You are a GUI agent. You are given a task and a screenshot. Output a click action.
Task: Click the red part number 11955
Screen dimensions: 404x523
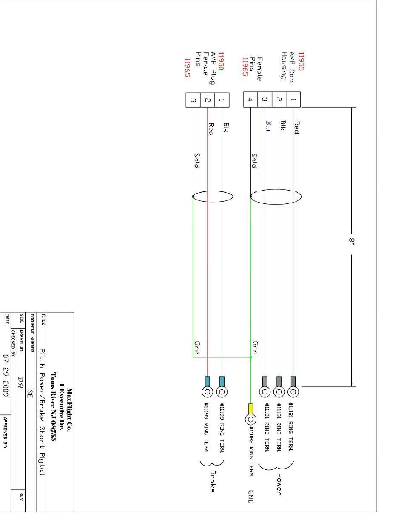point(301,61)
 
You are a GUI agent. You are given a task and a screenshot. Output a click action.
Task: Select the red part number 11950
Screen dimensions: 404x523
point(221,61)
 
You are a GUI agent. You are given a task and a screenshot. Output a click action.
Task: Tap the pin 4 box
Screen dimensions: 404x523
point(250,100)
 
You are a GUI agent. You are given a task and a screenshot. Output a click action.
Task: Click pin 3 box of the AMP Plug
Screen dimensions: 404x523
point(193,100)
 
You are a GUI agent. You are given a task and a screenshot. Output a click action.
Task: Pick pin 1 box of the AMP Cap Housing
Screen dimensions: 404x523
point(293,100)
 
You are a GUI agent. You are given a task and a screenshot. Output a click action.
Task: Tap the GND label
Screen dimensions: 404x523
point(251,497)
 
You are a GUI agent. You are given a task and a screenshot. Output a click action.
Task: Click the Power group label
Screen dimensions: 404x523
point(279,484)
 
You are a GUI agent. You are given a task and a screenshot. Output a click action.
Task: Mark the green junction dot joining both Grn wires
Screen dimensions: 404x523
point(250,357)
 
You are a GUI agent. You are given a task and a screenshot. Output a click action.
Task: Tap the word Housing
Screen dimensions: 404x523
point(284,66)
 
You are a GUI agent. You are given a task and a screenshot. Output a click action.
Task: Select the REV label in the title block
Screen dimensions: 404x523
point(21,497)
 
